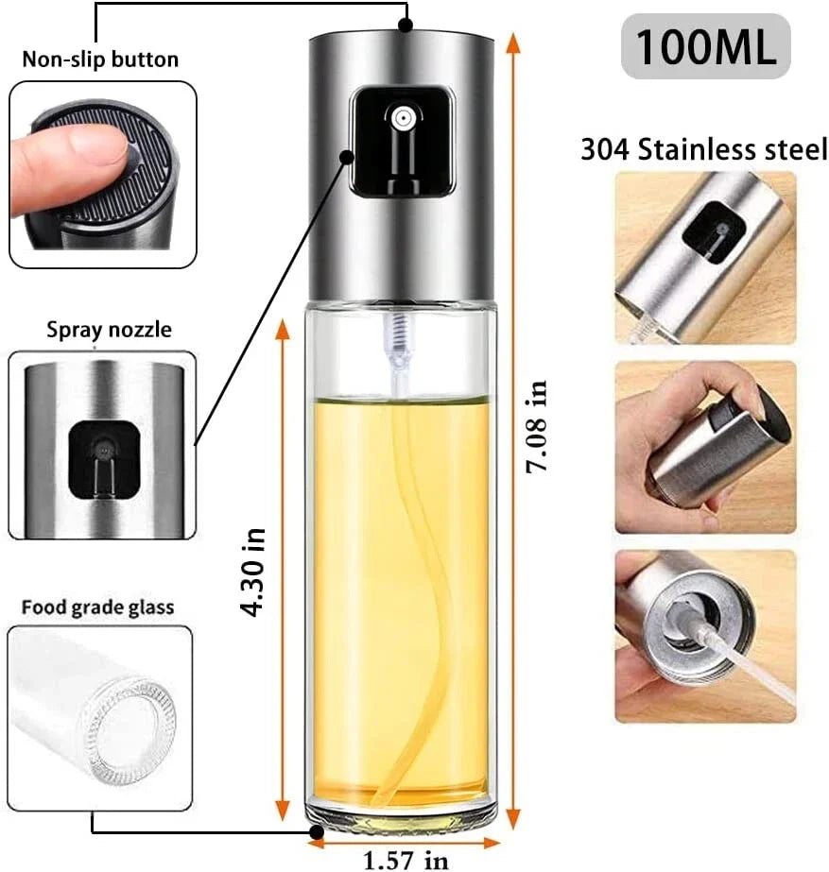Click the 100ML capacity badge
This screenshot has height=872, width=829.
(705, 46)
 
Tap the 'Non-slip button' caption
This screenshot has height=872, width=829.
(100, 59)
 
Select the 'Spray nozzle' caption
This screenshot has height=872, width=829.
(109, 330)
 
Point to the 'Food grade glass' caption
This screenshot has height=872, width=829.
(98, 607)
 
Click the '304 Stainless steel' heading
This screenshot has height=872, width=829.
(704, 149)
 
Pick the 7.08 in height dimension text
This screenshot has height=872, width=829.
(538, 426)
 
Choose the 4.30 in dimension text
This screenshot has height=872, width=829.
(253, 573)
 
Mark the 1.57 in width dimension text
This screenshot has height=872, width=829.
(406, 860)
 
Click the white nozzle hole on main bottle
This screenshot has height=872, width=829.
(401, 118)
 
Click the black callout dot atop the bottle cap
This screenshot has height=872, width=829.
(406, 25)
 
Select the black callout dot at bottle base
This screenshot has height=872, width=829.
(317, 832)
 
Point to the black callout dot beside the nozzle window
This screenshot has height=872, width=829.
(347, 157)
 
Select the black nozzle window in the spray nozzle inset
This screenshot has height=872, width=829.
(103, 459)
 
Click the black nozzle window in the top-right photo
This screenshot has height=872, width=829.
(714, 231)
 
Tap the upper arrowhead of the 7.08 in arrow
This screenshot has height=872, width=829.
(513, 43)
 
